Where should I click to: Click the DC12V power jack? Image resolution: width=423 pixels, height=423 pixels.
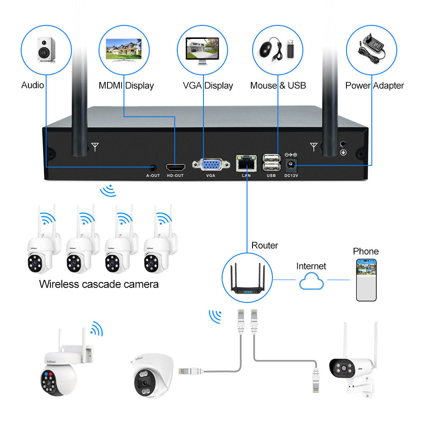(x=291, y=164)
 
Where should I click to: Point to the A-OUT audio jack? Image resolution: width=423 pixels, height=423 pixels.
(x=153, y=167)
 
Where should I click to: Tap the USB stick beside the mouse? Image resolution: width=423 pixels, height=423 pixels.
(x=291, y=48)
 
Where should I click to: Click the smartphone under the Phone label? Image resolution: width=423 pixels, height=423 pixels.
(x=366, y=280)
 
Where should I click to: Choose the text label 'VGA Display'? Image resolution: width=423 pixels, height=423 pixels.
(x=208, y=85)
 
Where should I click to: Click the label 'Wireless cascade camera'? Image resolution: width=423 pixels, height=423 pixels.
(x=99, y=284)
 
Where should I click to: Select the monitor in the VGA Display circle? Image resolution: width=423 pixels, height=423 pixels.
(x=202, y=49)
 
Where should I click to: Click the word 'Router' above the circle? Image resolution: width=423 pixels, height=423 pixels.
(x=265, y=245)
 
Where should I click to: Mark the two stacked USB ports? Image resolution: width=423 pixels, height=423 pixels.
(x=271, y=162)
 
